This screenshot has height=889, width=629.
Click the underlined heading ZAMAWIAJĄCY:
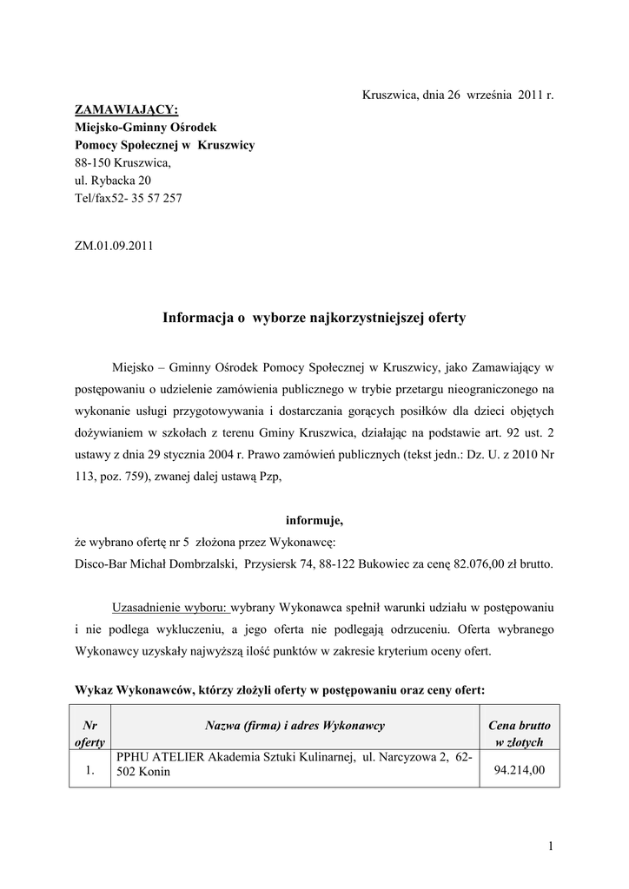(125, 110)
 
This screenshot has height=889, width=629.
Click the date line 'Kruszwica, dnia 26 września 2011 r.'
(457, 94)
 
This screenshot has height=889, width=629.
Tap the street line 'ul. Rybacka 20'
(112, 180)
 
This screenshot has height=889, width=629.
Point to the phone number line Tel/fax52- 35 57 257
(129, 198)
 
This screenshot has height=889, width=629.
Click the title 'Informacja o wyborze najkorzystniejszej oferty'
(314, 319)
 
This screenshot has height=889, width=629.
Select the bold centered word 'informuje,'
(314, 521)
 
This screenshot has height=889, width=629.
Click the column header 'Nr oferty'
(89, 734)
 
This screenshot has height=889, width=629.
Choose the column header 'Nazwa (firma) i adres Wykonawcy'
(295, 725)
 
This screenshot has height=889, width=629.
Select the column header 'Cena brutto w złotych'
(520, 734)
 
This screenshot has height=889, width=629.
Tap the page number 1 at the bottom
(551, 846)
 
